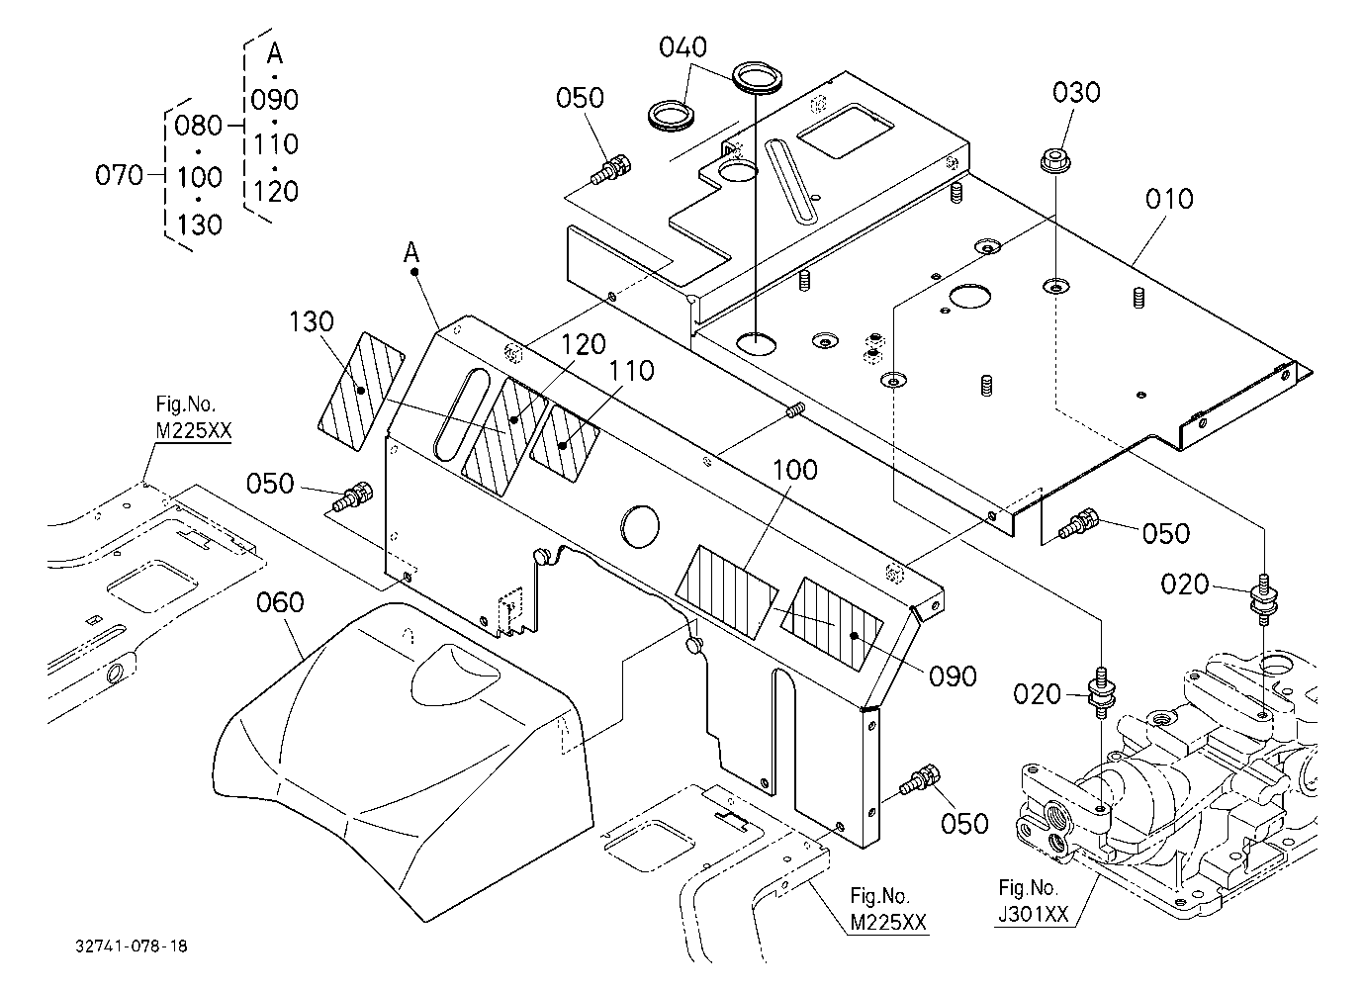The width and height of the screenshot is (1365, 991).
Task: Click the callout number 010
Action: (1169, 200)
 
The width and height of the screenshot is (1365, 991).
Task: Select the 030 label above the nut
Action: (1076, 93)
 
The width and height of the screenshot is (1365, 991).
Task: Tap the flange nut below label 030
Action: (1054, 160)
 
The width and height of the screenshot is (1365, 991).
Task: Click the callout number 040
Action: (682, 46)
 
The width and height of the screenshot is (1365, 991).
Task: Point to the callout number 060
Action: (280, 602)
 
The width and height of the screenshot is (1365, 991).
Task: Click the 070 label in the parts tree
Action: (119, 175)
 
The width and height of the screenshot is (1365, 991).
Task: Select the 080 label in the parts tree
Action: (198, 126)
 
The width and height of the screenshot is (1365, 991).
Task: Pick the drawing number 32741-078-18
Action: (132, 946)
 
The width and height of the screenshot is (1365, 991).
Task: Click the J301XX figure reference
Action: (1034, 914)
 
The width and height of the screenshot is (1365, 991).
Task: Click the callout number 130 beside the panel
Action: (312, 321)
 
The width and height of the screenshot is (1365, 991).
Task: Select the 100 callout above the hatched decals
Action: (795, 470)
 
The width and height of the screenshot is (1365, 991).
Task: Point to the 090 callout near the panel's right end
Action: (954, 676)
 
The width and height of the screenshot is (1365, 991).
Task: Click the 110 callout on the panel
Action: (631, 371)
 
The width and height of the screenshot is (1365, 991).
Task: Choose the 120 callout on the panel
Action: (584, 345)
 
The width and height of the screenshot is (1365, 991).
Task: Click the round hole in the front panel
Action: (640, 526)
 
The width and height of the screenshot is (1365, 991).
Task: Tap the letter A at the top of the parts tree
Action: (275, 53)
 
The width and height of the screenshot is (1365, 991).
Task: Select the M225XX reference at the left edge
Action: (194, 431)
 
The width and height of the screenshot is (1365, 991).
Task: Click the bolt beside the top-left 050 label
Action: (611, 169)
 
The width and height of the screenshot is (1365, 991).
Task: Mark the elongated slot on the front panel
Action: (462, 413)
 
